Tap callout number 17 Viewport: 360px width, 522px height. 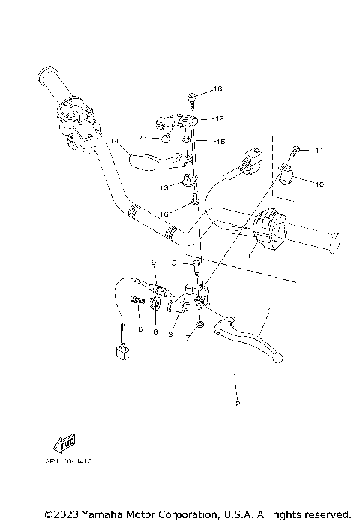click(x=139, y=137)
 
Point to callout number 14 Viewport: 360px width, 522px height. click(x=114, y=141)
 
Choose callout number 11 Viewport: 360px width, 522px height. click(x=319, y=151)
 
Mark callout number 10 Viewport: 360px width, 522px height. click(x=319, y=184)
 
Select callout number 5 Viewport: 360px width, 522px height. click(x=174, y=263)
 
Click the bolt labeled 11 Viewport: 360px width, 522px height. click(x=298, y=151)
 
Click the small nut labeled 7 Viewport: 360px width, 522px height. click(x=199, y=325)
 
